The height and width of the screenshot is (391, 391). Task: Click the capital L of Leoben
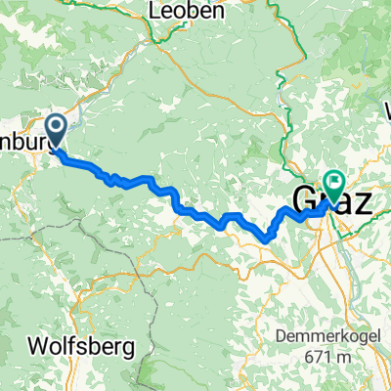tap(155, 12)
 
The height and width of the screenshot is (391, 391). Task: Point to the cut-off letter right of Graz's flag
tap(385, 109)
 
